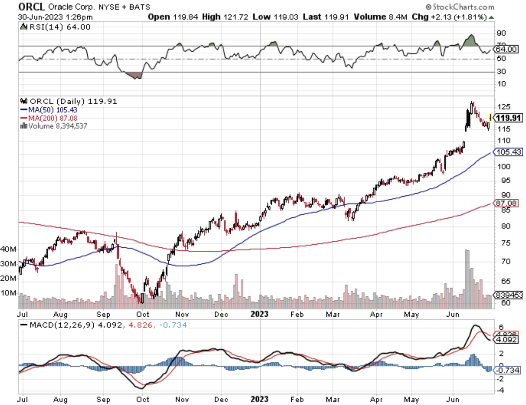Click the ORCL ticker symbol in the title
pyautogui.click(x=31, y=7)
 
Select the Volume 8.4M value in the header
pyautogui.click(x=380, y=17)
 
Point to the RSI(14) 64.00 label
pyautogui.click(x=56, y=27)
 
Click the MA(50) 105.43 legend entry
pyautogui.click(x=49, y=110)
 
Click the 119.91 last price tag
pyautogui.click(x=509, y=118)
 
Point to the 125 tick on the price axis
pyautogui.click(x=504, y=107)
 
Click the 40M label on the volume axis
pyautogui.click(x=8, y=249)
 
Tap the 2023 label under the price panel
pyautogui.click(x=259, y=315)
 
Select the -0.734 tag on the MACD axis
pyautogui.click(x=508, y=370)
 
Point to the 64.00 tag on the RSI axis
pyautogui.click(x=506, y=49)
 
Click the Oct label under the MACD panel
pyautogui.click(x=143, y=399)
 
